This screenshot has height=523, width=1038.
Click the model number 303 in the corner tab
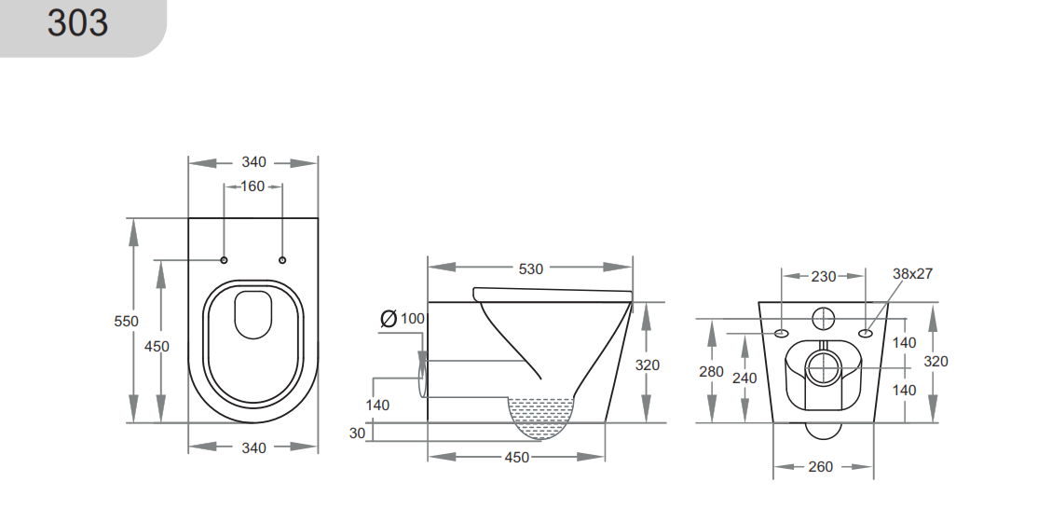(78, 23)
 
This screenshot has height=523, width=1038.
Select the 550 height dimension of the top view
(126, 321)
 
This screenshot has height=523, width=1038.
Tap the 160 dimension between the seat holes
(253, 186)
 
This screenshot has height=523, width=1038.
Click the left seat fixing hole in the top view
(224, 259)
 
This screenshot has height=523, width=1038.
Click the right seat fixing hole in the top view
(283, 259)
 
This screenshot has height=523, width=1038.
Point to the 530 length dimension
(530, 268)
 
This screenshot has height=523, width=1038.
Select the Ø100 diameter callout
(403, 319)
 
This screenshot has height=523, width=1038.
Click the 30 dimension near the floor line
(358, 433)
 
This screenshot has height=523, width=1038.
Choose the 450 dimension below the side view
(516, 457)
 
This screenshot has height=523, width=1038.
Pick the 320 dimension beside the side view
(648, 365)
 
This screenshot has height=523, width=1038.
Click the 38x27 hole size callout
(911, 274)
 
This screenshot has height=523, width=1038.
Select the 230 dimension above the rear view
(823, 276)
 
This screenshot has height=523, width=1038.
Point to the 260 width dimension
(820, 466)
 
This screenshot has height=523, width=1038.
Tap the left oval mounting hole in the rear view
(781, 333)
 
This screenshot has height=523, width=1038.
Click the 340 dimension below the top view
(253, 447)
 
